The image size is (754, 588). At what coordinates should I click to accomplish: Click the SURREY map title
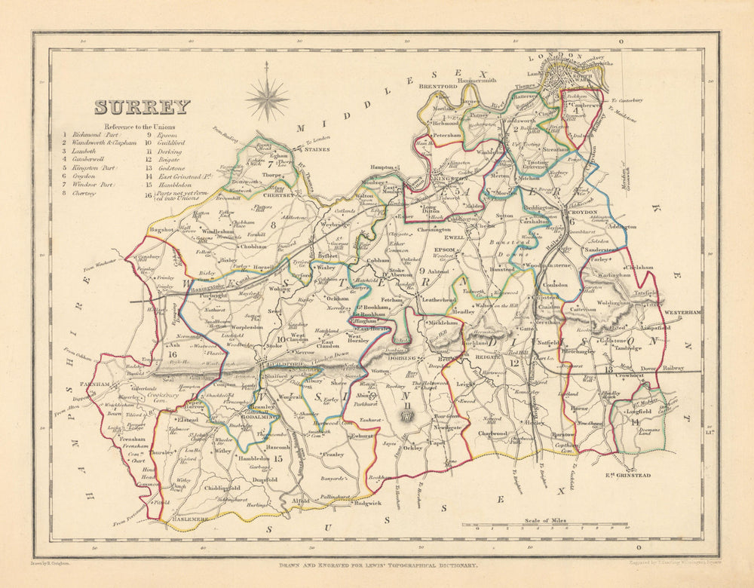tap(142, 107)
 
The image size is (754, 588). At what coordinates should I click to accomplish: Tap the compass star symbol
tap(267, 98)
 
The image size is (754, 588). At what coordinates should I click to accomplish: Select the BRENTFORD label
tap(438, 87)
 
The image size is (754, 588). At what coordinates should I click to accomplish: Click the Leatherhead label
tap(440, 299)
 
